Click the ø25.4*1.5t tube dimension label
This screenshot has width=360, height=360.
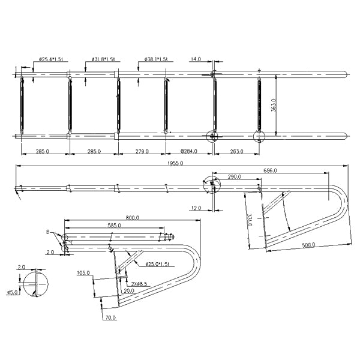click(52, 59)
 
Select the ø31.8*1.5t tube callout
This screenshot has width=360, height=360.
click(106, 59)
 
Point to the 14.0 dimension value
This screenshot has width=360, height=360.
click(196, 59)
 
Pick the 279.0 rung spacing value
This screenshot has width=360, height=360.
click(140, 151)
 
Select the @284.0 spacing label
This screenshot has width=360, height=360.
click(189, 151)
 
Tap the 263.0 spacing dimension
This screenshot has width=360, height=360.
click(236, 151)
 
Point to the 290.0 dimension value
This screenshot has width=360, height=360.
click(235, 177)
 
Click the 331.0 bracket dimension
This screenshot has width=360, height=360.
click(247, 221)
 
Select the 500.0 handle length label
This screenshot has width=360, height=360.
click(308, 245)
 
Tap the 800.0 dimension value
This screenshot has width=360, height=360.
click(133, 218)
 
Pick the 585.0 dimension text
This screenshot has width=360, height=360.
click(114, 226)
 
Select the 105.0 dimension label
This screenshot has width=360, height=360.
click(83, 272)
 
